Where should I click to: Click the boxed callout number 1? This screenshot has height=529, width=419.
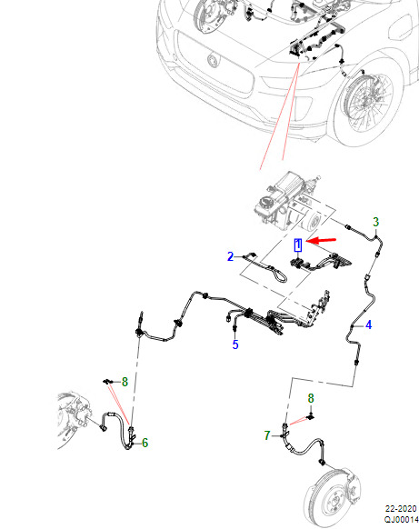tap(298, 245)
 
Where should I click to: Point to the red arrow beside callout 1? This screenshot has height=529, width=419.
tap(322, 240)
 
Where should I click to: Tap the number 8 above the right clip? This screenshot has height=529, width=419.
tap(311, 398)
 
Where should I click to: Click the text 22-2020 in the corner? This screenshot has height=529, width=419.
tap(401, 509)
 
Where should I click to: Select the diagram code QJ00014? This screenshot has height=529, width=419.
tap(401, 520)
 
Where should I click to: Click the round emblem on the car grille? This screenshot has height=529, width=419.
tap(213, 61)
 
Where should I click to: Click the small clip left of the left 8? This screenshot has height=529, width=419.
tap(107, 382)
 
